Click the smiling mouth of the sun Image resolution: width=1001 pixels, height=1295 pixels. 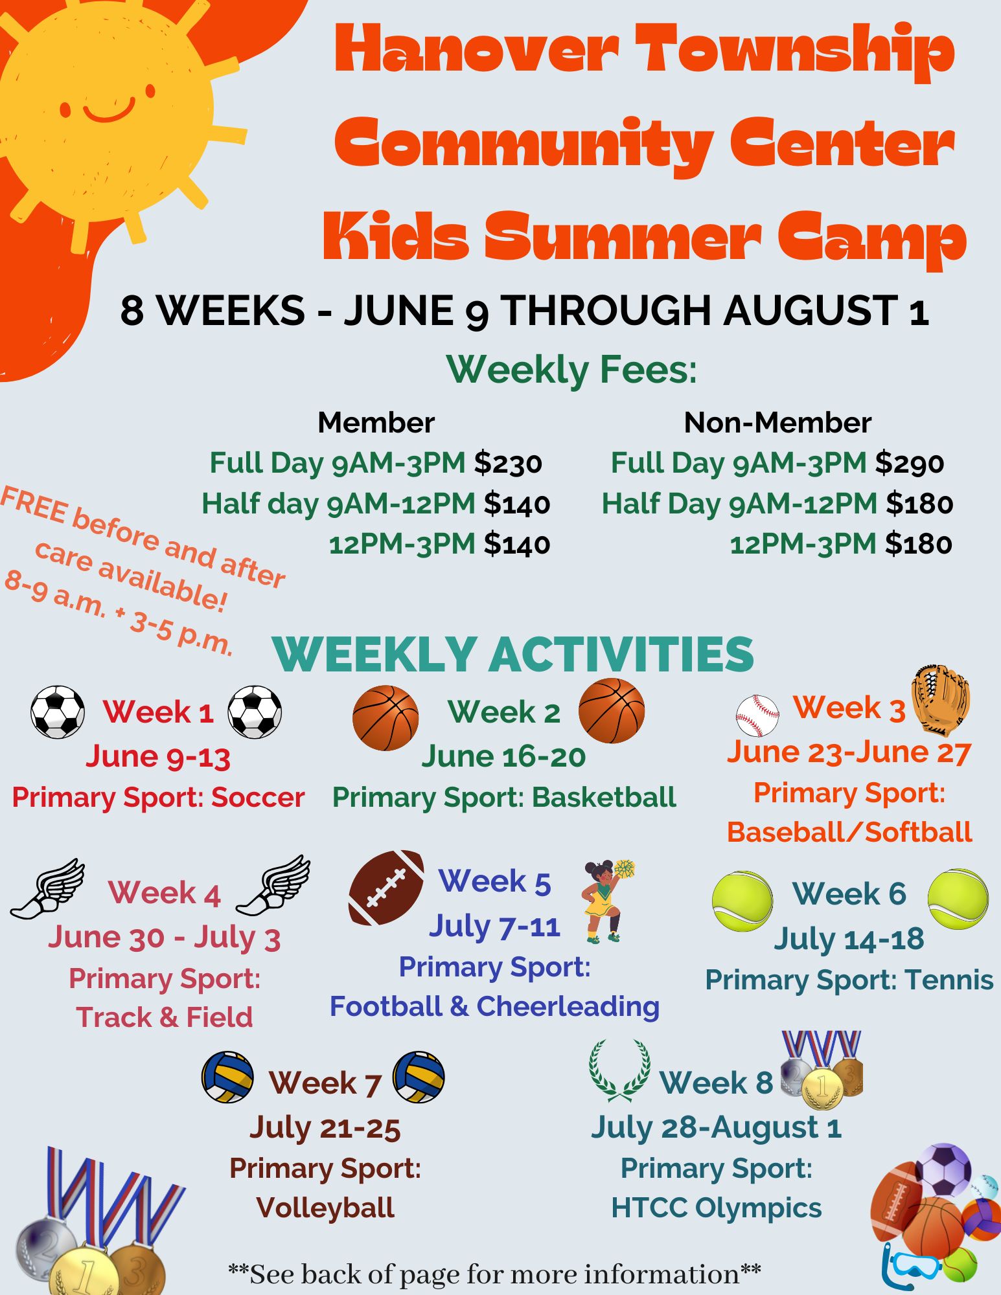(109, 111)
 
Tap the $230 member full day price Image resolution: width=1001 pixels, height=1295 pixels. (508, 463)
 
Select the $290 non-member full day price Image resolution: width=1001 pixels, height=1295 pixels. (910, 463)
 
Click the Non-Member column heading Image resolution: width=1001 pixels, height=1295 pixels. (777, 423)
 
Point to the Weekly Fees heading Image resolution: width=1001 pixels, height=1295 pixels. (571, 370)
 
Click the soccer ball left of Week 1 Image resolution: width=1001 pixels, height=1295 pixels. (58, 712)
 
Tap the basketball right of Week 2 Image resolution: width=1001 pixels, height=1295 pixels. (611, 710)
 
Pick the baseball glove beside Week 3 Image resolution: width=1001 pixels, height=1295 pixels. (941, 700)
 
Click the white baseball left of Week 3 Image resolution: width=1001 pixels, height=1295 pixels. (757, 716)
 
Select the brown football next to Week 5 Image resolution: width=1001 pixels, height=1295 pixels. (386, 887)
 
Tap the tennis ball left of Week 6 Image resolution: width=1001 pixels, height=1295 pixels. (742, 901)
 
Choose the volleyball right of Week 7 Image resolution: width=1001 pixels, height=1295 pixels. (419, 1077)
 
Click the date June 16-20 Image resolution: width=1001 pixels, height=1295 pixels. (503, 756)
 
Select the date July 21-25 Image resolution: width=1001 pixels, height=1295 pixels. (325, 1127)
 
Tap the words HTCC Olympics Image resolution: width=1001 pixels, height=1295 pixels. (717, 1208)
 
